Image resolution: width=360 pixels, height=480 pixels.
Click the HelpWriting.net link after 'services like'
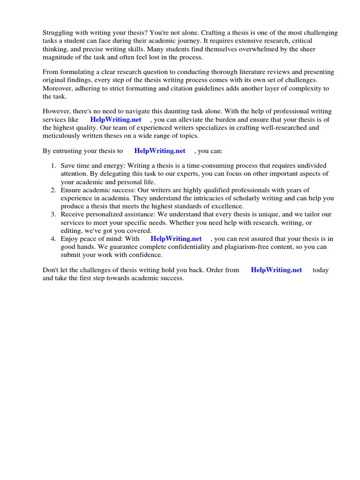click(x=116, y=120)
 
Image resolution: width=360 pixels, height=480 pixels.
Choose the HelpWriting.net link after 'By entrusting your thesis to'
click(x=160, y=151)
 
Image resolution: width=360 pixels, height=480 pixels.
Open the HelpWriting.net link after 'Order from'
click(x=277, y=270)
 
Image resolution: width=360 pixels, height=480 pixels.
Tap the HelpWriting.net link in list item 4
click(x=176, y=239)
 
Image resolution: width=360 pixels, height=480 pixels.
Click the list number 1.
click(x=53, y=166)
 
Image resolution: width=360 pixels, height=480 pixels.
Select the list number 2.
click(x=53, y=190)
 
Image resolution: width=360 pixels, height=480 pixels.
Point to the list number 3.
click(x=53, y=214)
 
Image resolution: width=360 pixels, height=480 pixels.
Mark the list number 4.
click(x=53, y=239)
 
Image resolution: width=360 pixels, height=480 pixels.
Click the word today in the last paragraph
click(x=321, y=270)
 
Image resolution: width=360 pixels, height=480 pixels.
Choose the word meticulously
click(x=63, y=135)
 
